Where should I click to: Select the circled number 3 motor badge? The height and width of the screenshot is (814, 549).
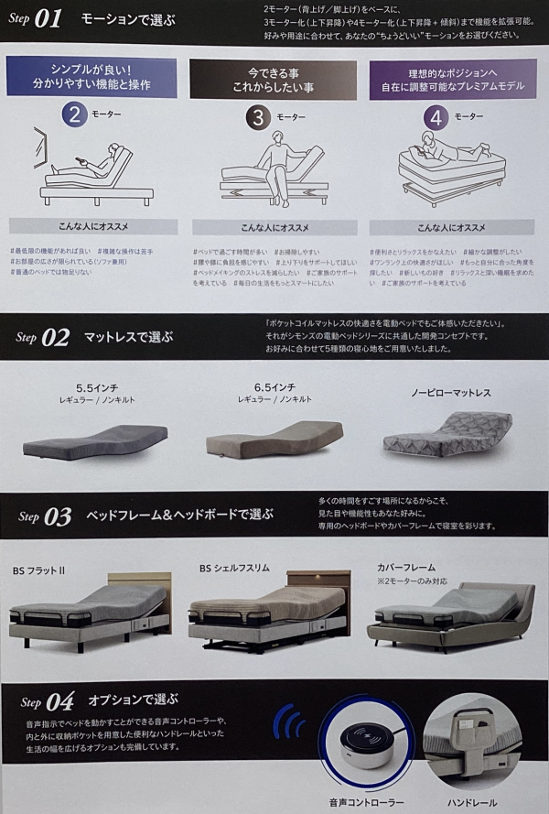(258, 116)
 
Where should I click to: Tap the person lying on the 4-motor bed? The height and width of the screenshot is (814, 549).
(437, 147)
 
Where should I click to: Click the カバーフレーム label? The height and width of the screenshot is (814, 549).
(406, 567)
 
